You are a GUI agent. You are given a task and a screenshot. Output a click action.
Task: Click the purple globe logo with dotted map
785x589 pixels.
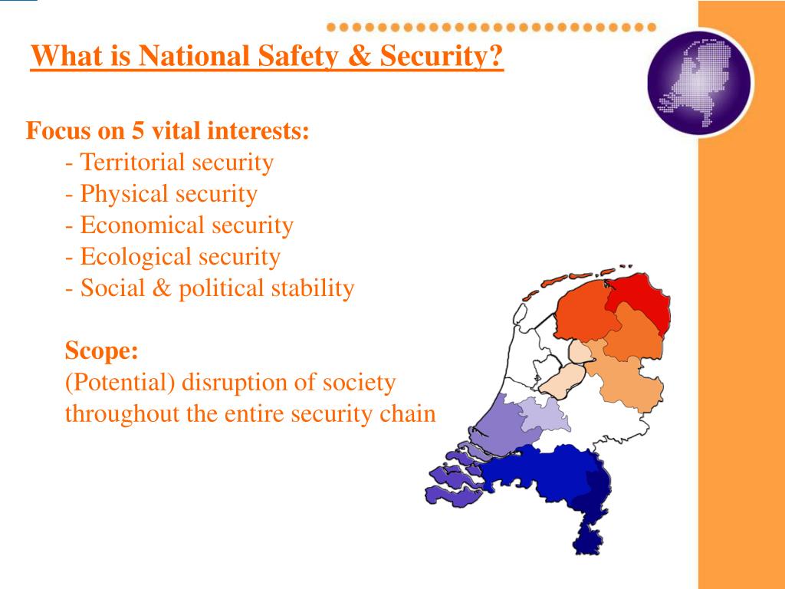pyautogui.click(x=699, y=82)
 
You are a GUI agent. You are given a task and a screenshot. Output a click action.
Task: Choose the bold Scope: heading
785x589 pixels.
pyautogui.click(x=101, y=351)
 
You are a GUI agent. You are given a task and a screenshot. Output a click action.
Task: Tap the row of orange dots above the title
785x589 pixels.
pyautogui.click(x=491, y=27)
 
